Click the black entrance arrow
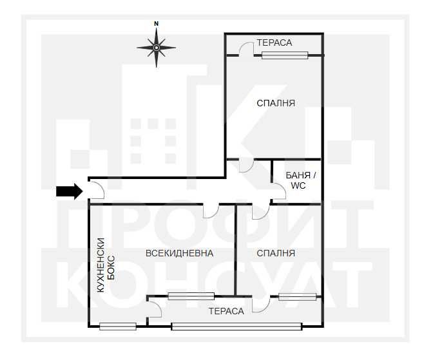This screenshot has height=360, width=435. point(70,191)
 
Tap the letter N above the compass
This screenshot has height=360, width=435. point(157,24)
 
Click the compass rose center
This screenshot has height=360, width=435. point(157,48)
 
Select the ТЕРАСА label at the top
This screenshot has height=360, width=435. point(274,43)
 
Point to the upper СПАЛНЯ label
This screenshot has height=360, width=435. point(276,103)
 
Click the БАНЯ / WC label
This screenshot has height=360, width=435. point(300,180)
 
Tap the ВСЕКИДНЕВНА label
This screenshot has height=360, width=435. point(180,253)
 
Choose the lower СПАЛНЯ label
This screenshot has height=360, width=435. point(276,253)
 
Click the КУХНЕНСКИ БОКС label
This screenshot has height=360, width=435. point(106,265)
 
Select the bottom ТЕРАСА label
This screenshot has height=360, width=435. point(226,311)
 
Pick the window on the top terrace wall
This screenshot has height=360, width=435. point(285,55)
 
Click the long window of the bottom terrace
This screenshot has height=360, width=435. point(237,327)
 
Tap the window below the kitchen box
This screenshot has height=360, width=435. point(118,327)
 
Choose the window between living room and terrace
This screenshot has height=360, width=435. point(191,296)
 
